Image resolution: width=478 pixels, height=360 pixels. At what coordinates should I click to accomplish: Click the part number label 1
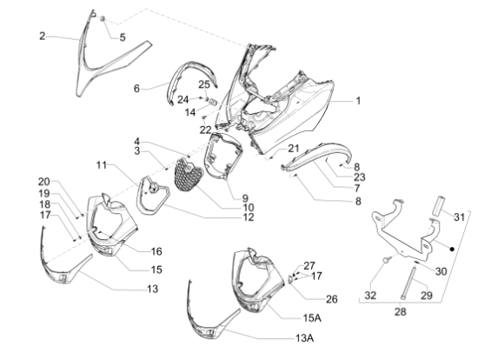click(358, 100)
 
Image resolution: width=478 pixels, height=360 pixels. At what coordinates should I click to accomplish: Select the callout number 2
click(43, 36)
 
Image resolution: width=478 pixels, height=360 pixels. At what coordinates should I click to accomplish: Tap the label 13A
click(304, 338)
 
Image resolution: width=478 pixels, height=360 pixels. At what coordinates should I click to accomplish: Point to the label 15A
click(312, 318)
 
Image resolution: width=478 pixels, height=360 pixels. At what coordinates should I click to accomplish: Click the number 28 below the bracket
click(401, 312)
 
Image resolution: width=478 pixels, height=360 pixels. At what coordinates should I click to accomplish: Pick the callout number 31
click(459, 217)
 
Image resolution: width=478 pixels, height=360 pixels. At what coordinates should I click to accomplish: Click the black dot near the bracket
click(453, 250)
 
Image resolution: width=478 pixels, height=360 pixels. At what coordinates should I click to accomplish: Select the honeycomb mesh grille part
click(189, 174)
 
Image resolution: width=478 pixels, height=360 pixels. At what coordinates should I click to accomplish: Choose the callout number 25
click(204, 84)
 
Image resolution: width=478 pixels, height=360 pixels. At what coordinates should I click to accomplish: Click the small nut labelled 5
click(103, 18)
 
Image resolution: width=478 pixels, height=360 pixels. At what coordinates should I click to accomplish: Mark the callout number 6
click(136, 89)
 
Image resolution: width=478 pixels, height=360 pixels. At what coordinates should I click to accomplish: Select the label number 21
click(294, 149)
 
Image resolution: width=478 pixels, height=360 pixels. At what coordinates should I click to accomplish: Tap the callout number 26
click(332, 299)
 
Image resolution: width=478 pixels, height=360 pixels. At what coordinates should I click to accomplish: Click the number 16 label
click(156, 251)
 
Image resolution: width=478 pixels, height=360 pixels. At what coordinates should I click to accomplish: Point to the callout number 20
click(44, 182)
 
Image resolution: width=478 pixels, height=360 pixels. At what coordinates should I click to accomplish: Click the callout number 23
click(360, 177)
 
